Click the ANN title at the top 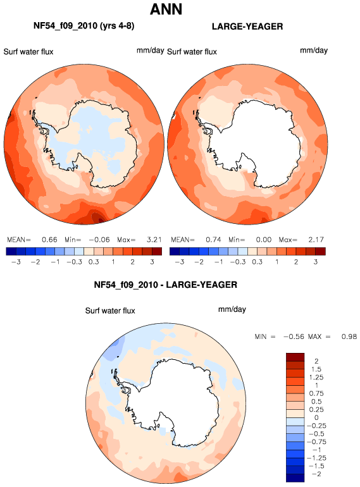pos(166,9)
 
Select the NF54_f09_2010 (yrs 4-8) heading pos(84,26)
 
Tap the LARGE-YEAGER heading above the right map pos(247,27)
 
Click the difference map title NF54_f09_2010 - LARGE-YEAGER pos(166,285)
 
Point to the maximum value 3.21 pos(154,240)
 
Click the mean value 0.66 pos(49,240)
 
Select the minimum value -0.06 pos(99,240)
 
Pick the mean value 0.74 pos(213,240)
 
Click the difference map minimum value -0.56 pos(294,336)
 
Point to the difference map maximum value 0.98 pos(349,336)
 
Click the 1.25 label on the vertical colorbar pos(316,378)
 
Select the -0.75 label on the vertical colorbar pos(316,442)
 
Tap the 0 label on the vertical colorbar pos(316,417)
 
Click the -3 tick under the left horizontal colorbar pos(16,262)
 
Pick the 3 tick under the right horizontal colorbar pos(316,262)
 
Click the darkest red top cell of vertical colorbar pos(295,357)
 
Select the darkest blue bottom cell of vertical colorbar pos(295,478)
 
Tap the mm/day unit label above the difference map pos(232,310)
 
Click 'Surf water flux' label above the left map pos(28,52)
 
